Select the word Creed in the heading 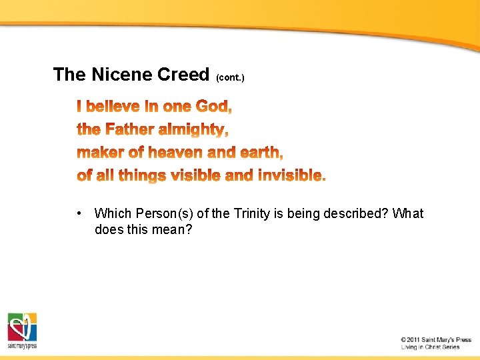pos(183,75)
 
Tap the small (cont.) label pos(230,78)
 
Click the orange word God pos(213,107)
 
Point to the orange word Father pos(129,129)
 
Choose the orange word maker pos(101,153)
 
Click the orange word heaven pos(176,153)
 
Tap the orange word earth pos(261,153)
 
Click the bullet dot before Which pos(79,213)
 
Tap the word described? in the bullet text pos(357,214)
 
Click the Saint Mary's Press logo pos(22,330)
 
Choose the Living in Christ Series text pos(431,347)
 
